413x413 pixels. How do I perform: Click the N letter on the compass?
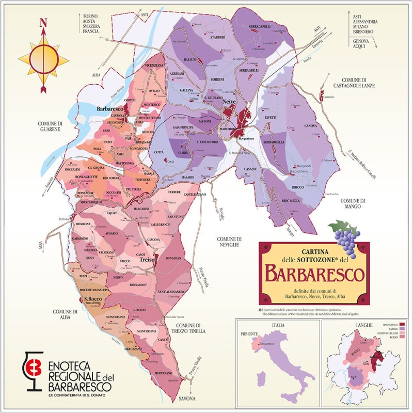pos(44,23)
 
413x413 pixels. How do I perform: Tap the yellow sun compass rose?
pos(44,58)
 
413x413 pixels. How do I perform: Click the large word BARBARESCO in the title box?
pos(314,273)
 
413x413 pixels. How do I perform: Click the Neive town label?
pos(229,103)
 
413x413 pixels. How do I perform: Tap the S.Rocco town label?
pos(92,298)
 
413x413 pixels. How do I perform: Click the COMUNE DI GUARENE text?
pos(50,126)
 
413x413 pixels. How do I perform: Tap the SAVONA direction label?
pos(188,399)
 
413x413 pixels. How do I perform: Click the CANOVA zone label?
pos(310,125)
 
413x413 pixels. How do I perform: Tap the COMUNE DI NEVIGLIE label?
pos(229,243)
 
